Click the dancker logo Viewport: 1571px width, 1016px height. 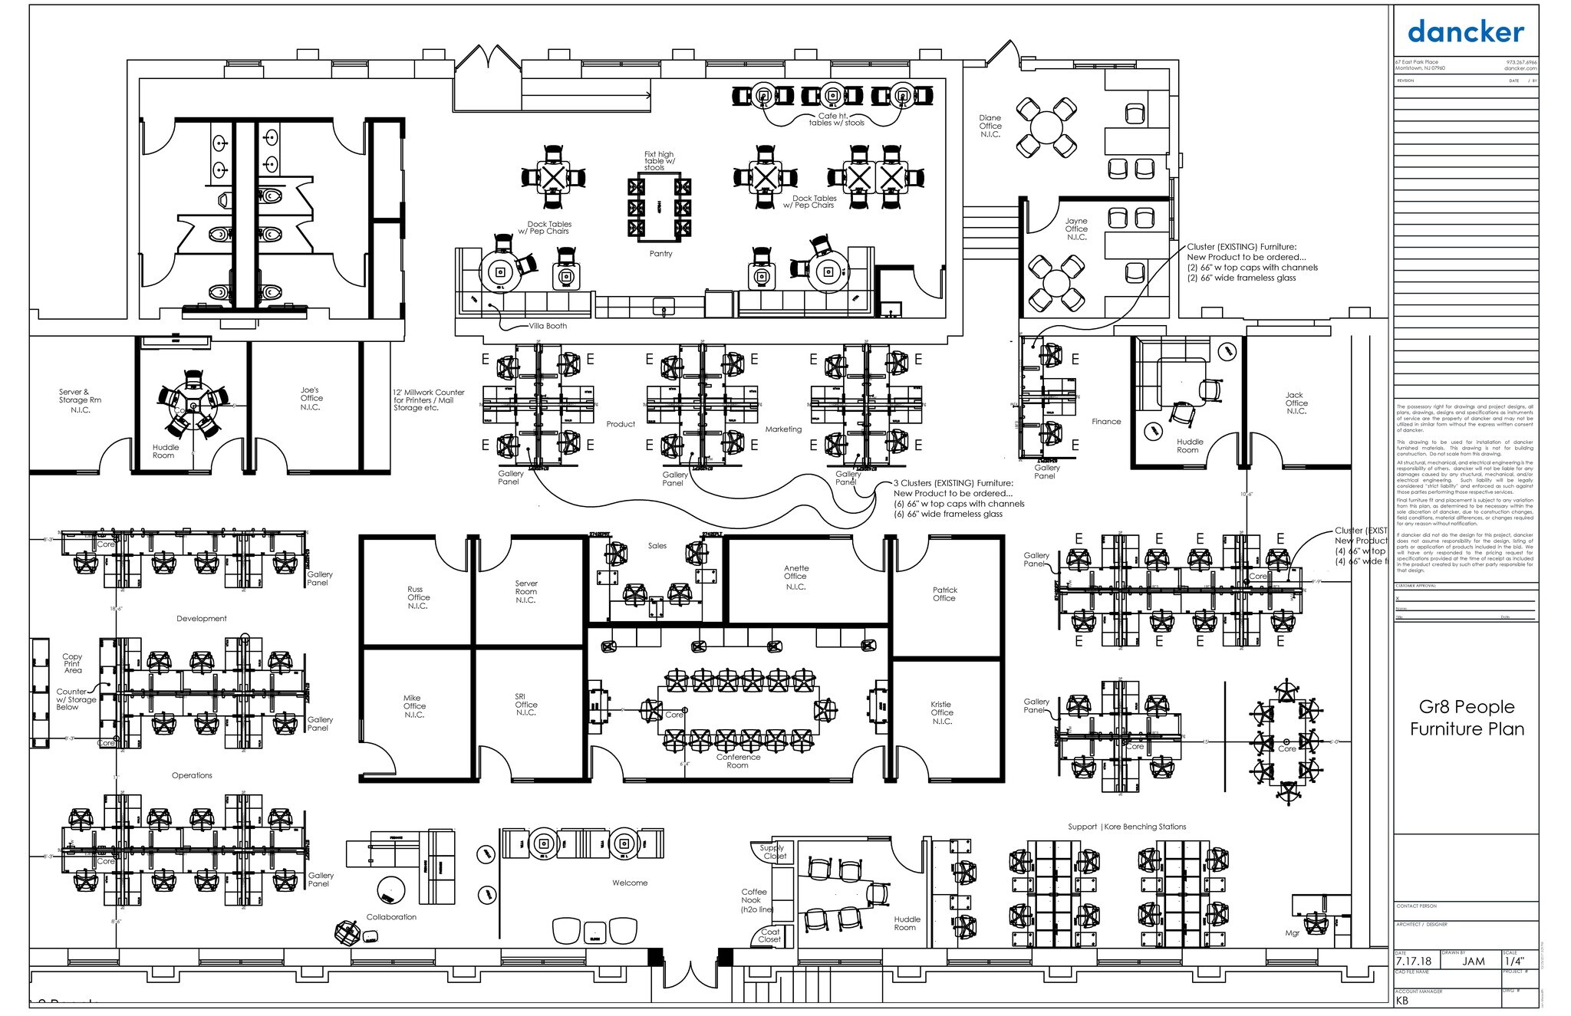click(1465, 32)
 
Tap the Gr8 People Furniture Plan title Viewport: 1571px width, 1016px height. click(1467, 718)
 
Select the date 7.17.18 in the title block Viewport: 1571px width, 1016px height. click(1413, 961)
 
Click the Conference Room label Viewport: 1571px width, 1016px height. click(738, 761)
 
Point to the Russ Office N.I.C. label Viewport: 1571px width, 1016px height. click(418, 598)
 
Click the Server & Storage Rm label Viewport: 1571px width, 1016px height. click(80, 400)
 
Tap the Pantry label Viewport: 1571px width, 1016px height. click(660, 254)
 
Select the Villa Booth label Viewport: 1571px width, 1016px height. click(548, 326)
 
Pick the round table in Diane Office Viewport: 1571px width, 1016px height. click(1046, 127)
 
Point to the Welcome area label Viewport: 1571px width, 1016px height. click(630, 883)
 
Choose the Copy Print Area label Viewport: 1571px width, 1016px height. click(73, 663)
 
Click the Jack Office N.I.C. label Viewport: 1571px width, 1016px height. click(1296, 403)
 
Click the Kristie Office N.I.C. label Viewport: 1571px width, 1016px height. click(942, 712)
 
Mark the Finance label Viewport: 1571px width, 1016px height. click(1106, 422)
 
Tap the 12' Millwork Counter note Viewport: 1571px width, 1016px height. click(428, 400)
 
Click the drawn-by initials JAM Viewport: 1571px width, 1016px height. click(1473, 961)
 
